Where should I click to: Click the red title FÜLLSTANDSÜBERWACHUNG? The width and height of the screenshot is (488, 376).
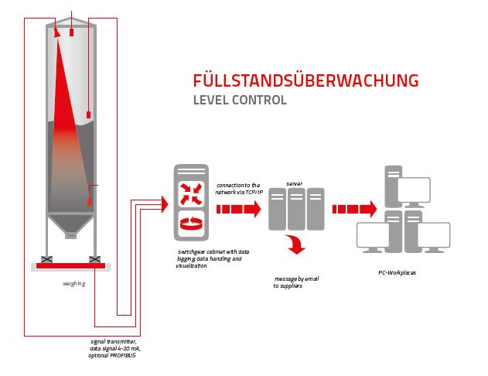[x=305, y=80]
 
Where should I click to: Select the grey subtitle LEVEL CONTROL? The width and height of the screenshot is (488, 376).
[x=239, y=101]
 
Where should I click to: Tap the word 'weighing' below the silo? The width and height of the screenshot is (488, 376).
[x=73, y=283]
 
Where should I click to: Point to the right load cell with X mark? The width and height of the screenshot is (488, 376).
[x=94, y=258]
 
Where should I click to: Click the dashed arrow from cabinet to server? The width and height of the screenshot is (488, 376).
[x=238, y=210]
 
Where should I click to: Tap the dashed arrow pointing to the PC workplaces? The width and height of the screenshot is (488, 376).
[x=354, y=209]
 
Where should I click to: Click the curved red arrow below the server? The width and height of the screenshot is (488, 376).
[x=295, y=246]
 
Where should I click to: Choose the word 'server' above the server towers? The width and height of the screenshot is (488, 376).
[x=294, y=183]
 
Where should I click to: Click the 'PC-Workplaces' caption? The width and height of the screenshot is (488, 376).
[x=398, y=272]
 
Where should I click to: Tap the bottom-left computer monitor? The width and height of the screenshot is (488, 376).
[x=377, y=234]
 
